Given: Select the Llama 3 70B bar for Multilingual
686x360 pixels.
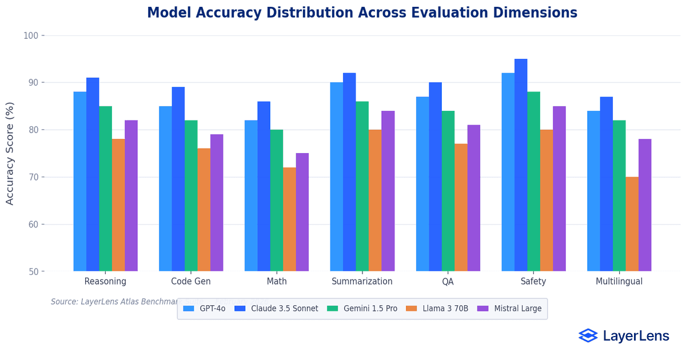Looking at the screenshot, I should coord(632,224).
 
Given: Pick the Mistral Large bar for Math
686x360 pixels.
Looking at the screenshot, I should coord(302,212).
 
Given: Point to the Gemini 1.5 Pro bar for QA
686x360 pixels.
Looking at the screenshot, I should coord(448,191).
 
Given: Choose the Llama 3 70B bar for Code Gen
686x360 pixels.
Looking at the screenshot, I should coord(204,210).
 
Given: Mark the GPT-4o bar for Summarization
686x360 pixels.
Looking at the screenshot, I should coord(337,177).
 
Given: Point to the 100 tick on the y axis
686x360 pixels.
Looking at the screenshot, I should coord(30,35).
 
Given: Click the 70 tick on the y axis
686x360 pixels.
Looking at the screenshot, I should coord(33,177).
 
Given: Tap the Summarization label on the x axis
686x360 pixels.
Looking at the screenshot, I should coord(362,281).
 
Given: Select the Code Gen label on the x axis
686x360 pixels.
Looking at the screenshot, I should coord(191,281).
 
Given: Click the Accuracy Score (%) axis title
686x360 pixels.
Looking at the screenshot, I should coord(10,154).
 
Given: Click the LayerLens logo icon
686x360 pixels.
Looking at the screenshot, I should coord(588,335).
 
